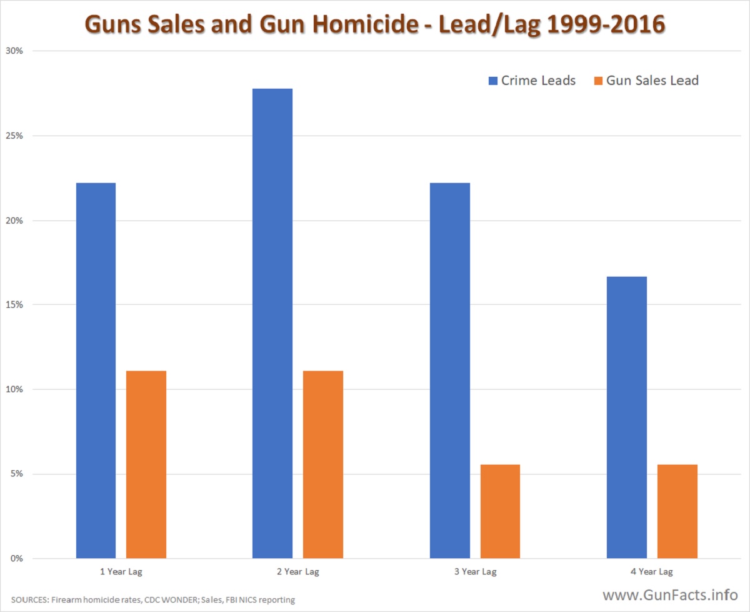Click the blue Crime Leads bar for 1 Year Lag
pyautogui.click(x=96, y=370)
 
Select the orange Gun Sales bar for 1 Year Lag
pyautogui.click(x=146, y=465)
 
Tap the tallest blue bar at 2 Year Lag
pyautogui.click(x=272, y=323)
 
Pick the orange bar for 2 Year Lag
pyautogui.click(x=323, y=465)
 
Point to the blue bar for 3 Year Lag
pyautogui.click(x=450, y=370)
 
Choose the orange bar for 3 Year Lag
pyautogui.click(x=500, y=511)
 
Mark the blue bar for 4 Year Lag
pyautogui.click(x=627, y=417)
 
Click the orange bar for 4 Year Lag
pyautogui.click(x=677, y=511)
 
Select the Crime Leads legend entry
pyautogui.click(x=532, y=81)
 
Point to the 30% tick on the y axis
pyautogui.click(x=14, y=51)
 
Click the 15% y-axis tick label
pyautogui.click(x=14, y=305)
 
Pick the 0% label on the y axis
pyautogui.click(x=17, y=558)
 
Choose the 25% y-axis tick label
pyautogui.click(x=14, y=136)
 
